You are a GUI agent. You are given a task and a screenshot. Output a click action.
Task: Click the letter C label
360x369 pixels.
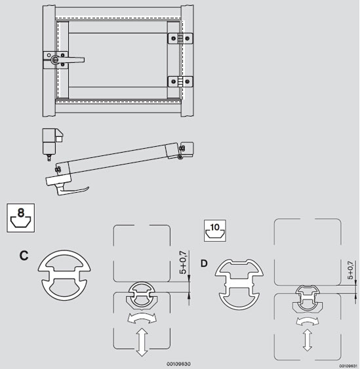pyautogui.click(x=24, y=256)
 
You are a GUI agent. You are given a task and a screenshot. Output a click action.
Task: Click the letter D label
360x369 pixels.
pyautogui.click(x=204, y=263)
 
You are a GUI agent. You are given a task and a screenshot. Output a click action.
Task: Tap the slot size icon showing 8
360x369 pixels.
pyautogui.click(x=21, y=218)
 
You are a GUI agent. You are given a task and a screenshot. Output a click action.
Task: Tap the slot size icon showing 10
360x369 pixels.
pyautogui.click(x=215, y=231)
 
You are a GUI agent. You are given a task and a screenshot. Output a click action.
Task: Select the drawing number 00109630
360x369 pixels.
pyautogui.click(x=178, y=364)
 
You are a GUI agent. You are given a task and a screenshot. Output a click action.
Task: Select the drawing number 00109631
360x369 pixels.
pyautogui.click(x=348, y=366)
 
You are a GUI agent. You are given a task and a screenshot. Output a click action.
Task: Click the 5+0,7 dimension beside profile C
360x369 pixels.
pyautogui.click(x=183, y=262)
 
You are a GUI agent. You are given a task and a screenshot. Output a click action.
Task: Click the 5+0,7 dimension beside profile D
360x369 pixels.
pyautogui.click(x=350, y=270)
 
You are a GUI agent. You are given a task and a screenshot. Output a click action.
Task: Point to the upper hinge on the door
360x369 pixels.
pyautogui.click(x=180, y=39)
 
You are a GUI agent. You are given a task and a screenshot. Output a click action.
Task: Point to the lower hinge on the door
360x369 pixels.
pyautogui.click(x=180, y=82)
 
